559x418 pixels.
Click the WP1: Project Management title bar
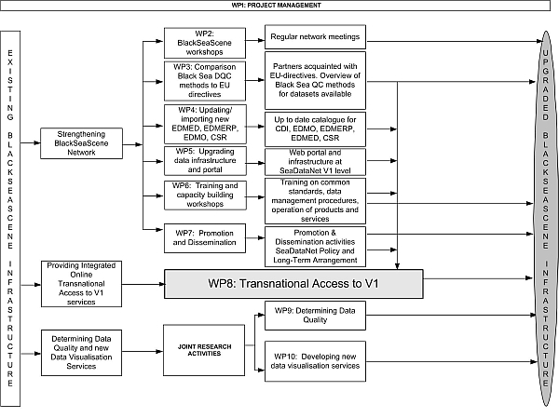tap(279, 5)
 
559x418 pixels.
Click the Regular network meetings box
tap(314, 39)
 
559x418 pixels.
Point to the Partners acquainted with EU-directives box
tap(314, 80)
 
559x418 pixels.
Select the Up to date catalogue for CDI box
tap(314, 126)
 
